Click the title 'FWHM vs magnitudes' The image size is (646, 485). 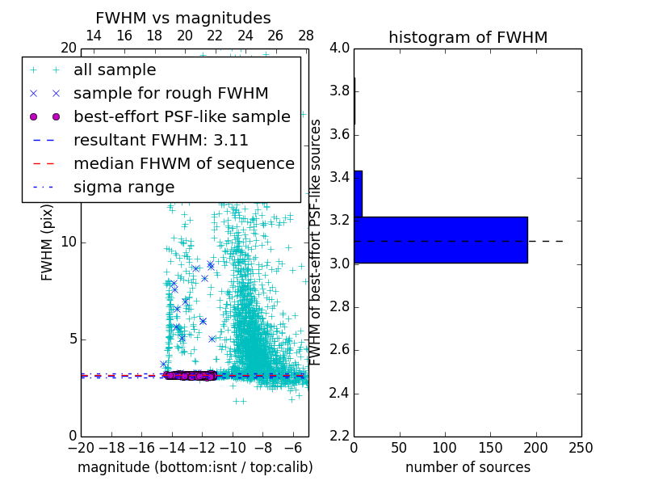183,18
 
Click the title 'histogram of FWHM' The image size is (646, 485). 468,37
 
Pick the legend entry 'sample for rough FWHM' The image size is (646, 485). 170,93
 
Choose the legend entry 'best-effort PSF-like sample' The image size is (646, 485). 182,116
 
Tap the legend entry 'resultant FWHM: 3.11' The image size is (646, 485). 161,140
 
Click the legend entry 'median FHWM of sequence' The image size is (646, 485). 183,163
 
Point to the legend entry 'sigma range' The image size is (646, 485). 124,187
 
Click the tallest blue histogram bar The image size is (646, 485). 441,239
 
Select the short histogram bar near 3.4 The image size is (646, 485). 358,193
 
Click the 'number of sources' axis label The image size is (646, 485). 468,467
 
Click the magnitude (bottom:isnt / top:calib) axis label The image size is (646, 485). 195,467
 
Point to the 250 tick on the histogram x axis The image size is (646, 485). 581,448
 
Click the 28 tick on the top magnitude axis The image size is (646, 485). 306,36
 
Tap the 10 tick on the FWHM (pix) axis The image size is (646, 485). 68,242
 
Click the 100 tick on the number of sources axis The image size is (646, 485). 445,448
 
